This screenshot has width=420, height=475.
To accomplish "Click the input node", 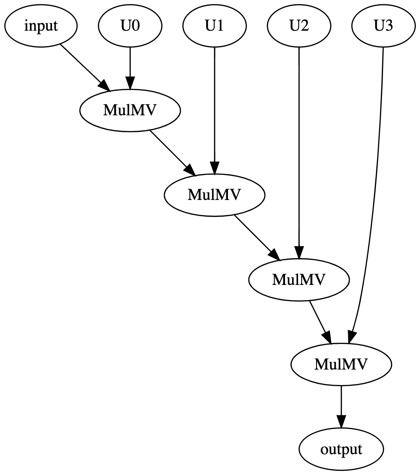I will (41, 26).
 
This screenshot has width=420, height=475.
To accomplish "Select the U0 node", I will (130, 26).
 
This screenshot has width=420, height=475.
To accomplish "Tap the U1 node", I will (214, 26).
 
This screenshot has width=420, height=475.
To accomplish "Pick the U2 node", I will (299, 26).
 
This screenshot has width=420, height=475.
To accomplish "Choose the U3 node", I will (383, 26).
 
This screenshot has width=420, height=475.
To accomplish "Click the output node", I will (341, 449).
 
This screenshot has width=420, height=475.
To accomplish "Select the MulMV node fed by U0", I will (130, 110).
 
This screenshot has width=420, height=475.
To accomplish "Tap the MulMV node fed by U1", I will (214, 195).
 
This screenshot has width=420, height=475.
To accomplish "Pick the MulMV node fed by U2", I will (299, 280).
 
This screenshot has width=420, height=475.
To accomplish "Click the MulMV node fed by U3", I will (341, 364).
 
